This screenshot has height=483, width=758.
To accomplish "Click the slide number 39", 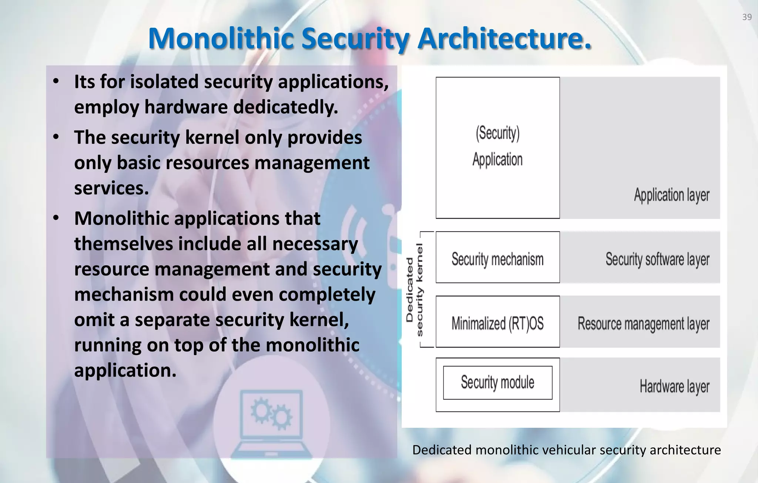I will pos(747,17).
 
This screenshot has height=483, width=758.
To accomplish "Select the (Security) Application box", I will pos(497,148).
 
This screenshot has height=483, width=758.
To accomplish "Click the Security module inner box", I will pos(497,383).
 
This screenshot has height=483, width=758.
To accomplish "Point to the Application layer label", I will pos(671,195).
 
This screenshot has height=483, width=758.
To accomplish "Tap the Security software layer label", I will pos(657,259).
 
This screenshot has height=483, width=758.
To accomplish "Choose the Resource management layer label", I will pos(643,324).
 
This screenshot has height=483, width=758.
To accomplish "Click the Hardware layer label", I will pos(674,386).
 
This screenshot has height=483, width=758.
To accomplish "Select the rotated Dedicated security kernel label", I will pos(415,290).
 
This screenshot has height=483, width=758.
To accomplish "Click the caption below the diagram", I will pos(566,450).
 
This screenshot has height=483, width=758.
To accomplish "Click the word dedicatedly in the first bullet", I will pos(285,107).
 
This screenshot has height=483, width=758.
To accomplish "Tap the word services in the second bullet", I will pos(111,188).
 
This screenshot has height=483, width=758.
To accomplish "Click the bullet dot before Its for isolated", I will pos(56,82).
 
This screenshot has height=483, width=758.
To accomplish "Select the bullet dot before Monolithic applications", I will pos(56,218).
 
